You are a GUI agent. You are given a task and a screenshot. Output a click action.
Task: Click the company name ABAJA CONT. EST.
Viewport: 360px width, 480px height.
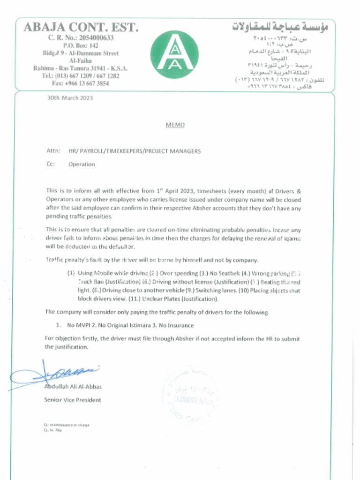pos(81,27)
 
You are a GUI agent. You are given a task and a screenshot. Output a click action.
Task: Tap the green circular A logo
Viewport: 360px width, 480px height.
pos(174,54)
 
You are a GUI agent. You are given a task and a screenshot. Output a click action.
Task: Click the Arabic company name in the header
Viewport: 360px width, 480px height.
pos(280,27)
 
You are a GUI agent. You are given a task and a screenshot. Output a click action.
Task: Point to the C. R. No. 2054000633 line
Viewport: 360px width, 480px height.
pos(81,37)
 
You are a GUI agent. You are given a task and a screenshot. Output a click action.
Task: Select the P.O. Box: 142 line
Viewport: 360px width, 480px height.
pos(81,45)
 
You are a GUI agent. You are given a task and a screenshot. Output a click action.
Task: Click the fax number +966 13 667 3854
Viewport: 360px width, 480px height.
pos(80,83)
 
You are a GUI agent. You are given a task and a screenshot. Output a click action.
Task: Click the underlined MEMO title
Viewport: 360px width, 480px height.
pos(175,125)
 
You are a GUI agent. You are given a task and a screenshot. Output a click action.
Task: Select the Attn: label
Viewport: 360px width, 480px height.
pos(53,151)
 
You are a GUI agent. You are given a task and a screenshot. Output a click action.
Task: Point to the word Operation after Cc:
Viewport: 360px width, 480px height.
pos(82,165)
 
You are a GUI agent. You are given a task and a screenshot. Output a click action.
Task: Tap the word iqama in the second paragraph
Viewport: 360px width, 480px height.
pos(291,239)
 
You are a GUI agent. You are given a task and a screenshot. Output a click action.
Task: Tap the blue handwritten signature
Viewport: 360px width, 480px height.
pos(56,373)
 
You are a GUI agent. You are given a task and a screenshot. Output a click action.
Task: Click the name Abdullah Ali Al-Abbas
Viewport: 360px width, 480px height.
pos(73,387)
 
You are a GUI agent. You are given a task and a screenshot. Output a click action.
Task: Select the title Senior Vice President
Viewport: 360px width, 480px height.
pos(72,400)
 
